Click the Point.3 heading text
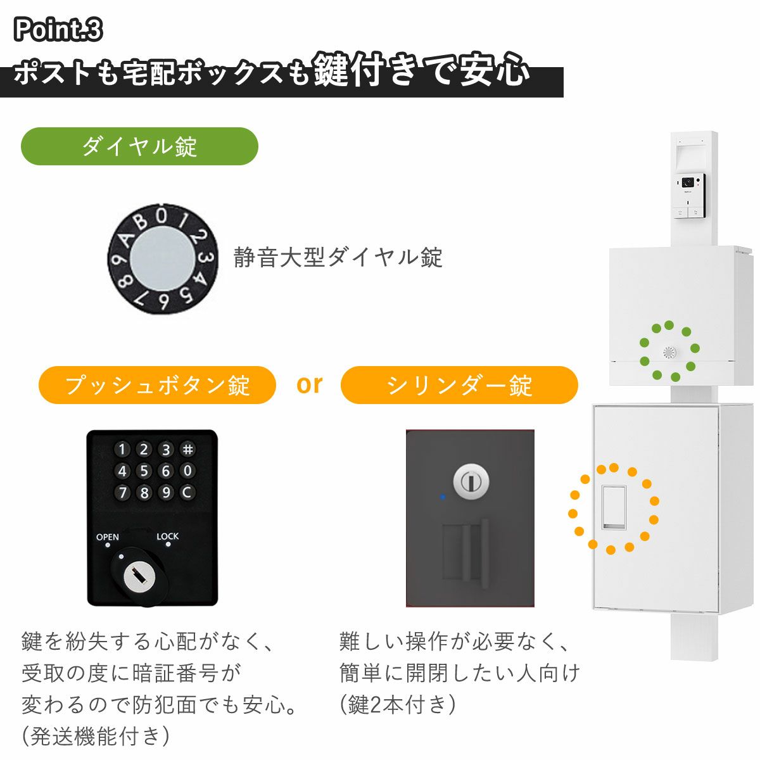point(58,29)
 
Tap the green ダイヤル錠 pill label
point(139,146)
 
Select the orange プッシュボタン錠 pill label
point(157,385)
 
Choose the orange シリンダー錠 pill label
point(459,385)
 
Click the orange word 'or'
point(309,384)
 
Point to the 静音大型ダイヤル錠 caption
point(338,257)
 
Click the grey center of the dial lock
point(162,258)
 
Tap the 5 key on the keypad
point(144,471)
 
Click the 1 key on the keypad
point(123,450)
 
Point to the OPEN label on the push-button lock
point(108,537)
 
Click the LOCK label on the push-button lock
point(168,536)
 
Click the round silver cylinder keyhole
point(470,481)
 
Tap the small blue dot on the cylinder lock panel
point(442,497)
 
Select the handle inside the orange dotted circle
point(614,507)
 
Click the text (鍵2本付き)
point(397,704)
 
